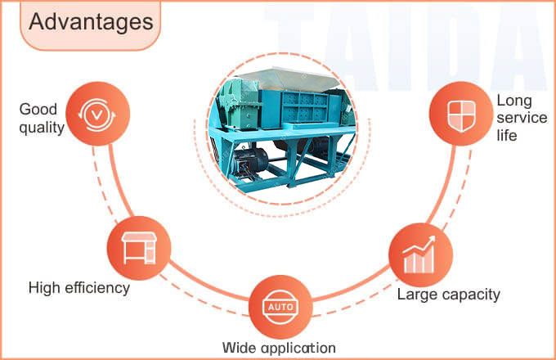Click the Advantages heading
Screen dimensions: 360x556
pyautogui.click(x=91, y=22)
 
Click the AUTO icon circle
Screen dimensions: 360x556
pyautogui.click(x=279, y=307)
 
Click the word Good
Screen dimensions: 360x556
pyautogui.click(x=38, y=109)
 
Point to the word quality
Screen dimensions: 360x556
pyautogui.click(x=42, y=128)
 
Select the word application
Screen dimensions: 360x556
pyautogui.click(x=299, y=348)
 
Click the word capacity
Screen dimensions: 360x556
pyautogui.click(x=469, y=294)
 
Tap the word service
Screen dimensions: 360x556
pyautogui.click(x=522, y=118)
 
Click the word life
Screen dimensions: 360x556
pyautogui.click(x=507, y=136)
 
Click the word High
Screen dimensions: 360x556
pyautogui.click(x=45, y=288)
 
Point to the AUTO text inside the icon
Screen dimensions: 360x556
pyautogui.click(x=279, y=307)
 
